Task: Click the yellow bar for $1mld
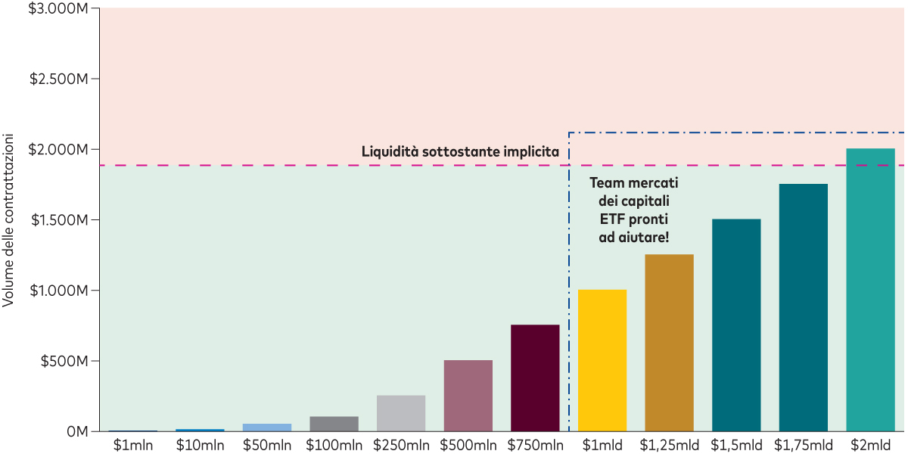(x=602, y=360)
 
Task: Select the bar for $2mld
(x=870, y=290)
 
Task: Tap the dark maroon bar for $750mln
(x=535, y=378)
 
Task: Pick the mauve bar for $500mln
(x=468, y=395)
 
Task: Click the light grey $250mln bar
(x=401, y=413)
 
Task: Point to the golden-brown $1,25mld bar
(x=669, y=343)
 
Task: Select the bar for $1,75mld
(x=803, y=307)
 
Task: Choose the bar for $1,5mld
(x=736, y=325)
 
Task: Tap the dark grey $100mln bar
(x=334, y=424)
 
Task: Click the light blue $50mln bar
(x=267, y=427)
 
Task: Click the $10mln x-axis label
(x=200, y=445)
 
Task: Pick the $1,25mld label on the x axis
(x=669, y=445)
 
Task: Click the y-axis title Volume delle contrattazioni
(x=8, y=219)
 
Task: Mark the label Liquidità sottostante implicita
(x=460, y=151)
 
